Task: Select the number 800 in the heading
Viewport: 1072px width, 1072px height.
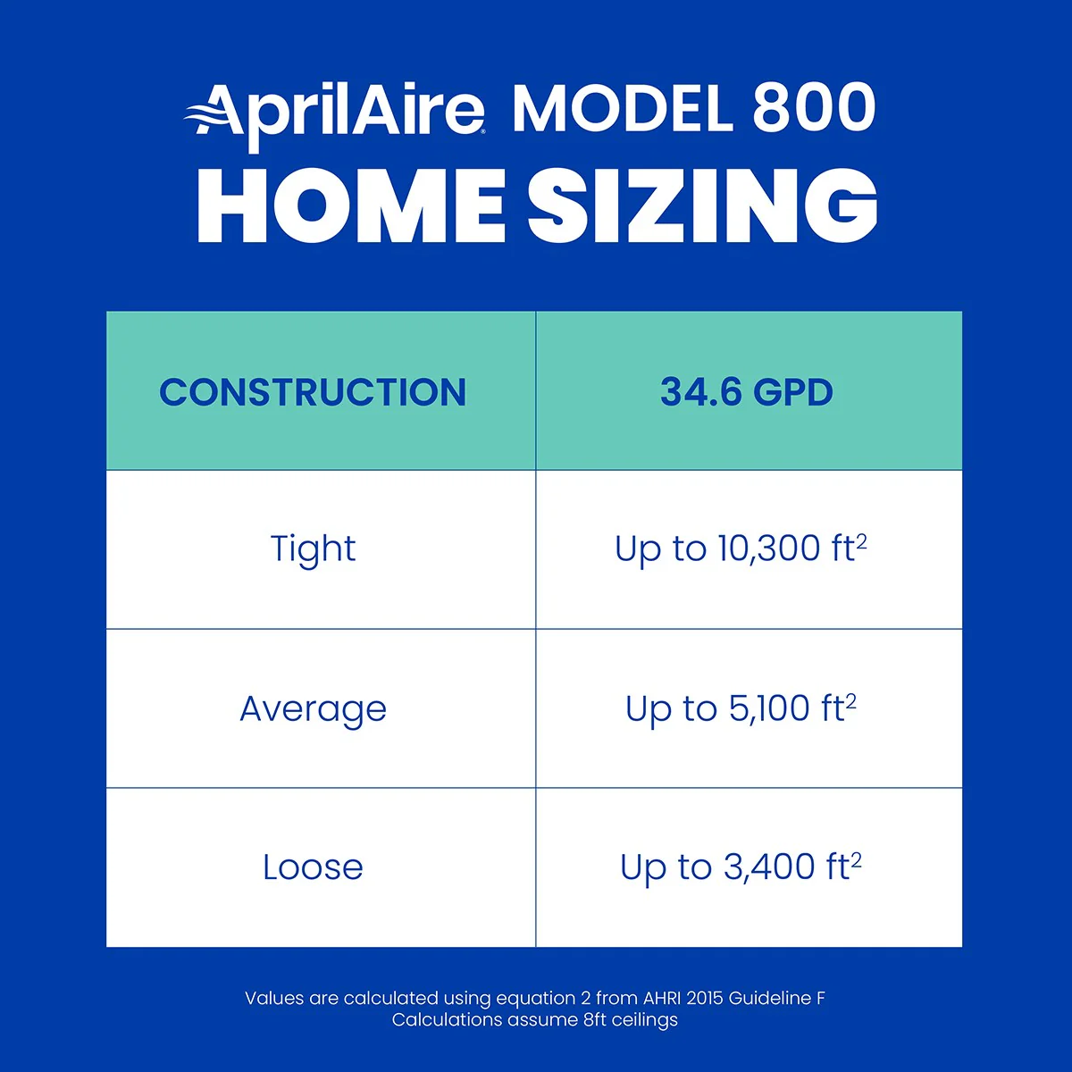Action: [813, 109]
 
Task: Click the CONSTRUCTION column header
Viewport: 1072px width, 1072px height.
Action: [313, 392]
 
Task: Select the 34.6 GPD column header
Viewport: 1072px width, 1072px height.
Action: [747, 392]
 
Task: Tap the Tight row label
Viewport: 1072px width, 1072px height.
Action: [313, 549]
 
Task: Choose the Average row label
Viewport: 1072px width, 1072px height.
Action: [313, 708]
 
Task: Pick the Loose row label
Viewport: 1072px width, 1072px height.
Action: [313, 867]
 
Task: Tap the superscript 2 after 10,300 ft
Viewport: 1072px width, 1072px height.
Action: [862, 540]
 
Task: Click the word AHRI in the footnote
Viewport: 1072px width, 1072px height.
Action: [662, 998]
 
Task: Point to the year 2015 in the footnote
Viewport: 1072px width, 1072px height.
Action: [705, 998]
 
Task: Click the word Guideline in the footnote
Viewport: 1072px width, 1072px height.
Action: [770, 998]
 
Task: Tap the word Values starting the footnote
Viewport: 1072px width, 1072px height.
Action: [273, 998]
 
